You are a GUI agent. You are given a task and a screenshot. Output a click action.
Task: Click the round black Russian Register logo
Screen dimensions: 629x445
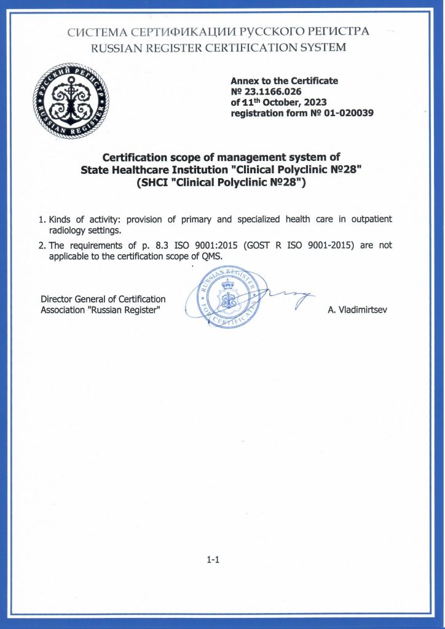pyautogui.click(x=69, y=103)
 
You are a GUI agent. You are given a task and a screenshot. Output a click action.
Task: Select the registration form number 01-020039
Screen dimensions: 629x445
pyautogui.click(x=341, y=113)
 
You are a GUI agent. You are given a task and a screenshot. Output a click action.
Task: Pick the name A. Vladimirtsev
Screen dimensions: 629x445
pyautogui.click(x=358, y=310)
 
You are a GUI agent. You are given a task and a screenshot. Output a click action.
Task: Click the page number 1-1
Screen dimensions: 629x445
pyautogui.click(x=213, y=560)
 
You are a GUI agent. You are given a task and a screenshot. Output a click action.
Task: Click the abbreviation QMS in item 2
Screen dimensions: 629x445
pyautogui.click(x=211, y=256)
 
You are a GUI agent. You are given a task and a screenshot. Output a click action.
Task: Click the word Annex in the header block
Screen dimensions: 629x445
pyautogui.click(x=244, y=80)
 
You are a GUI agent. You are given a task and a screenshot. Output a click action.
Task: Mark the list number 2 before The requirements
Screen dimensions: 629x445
pyautogui.click(x=42, y=245)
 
